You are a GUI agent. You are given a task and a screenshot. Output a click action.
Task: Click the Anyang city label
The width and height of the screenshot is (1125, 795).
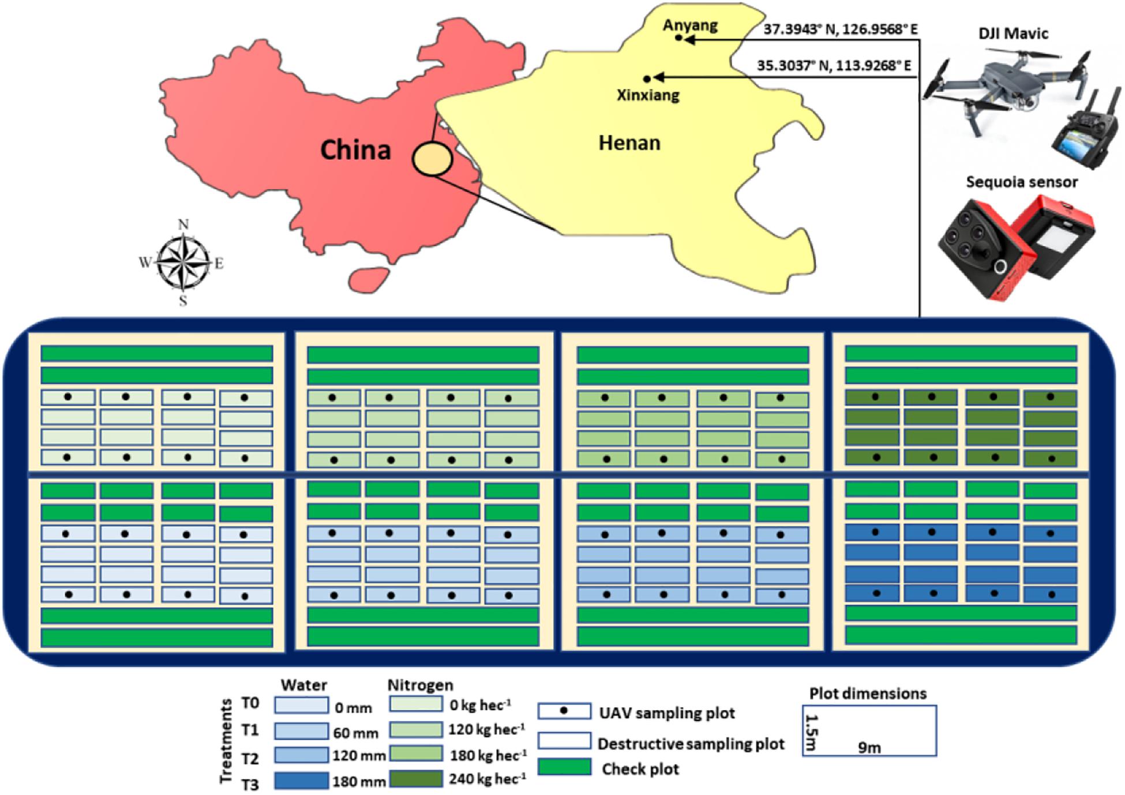pyautogui.click(x=690, y=25)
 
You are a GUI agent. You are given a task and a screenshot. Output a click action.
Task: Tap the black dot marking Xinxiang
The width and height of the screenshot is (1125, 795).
pyautogui.click(x=647, y=78)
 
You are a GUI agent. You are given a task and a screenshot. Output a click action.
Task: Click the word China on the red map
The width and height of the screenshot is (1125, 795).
pyautogui.click(x=355, y=150)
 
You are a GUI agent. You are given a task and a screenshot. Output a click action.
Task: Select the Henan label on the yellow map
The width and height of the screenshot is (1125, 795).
pyautogui.click(x=629, y=142)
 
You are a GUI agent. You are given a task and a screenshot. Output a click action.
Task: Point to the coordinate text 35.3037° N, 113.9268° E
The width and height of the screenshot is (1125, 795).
pyautogui.click(x=834, y=66)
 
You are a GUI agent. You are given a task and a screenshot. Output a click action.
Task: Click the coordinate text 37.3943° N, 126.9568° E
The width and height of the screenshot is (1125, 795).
pyautogui.click(x=840, y=29)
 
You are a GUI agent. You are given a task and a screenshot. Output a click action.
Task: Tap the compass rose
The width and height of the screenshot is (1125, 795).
pyautogui.click(x=183, y=262)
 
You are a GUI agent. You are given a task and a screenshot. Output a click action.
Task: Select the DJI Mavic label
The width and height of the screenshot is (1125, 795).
pyautogui.click(x=1013, y=33)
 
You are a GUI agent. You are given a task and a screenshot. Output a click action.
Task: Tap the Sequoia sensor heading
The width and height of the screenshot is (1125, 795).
pyautogui.click(x=1021, y=182)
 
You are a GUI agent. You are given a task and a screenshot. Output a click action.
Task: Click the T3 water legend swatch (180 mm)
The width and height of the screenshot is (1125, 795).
pyautogui.click(x=301, y=781)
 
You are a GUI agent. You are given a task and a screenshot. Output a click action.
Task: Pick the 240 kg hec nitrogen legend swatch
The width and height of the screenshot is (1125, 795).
pyautogui.click(x=416, y=779)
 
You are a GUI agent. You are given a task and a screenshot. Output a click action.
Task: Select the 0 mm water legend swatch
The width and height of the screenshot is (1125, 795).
pyautogui.click(x=301, y=705)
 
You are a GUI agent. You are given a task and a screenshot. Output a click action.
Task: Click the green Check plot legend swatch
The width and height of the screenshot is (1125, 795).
pyautogui.click(x=564, y=767)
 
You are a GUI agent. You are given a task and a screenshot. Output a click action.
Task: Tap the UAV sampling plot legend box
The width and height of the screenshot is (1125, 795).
pyautogui.click(x=564, y=711)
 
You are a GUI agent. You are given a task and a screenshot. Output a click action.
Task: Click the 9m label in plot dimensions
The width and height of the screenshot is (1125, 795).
pyautogui.click(x=869, y=748)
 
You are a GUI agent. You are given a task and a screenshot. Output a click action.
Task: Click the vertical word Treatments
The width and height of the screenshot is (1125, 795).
pyautogui.click(x=226, y=741)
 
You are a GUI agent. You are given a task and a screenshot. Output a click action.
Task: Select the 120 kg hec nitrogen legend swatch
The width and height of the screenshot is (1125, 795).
pyautogui.click(x=416, y=730)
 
